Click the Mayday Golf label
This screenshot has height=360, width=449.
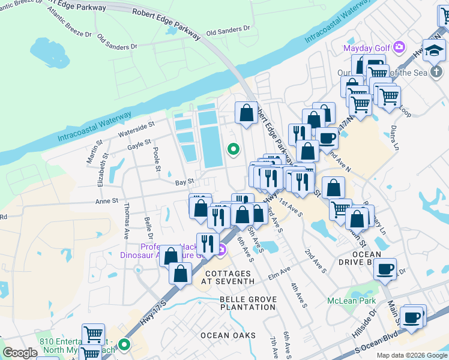point(366,48)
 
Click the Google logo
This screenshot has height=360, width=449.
point(20,353)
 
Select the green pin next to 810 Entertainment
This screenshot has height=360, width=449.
point(124,344)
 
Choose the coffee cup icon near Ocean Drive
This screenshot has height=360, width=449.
point(385,268)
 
